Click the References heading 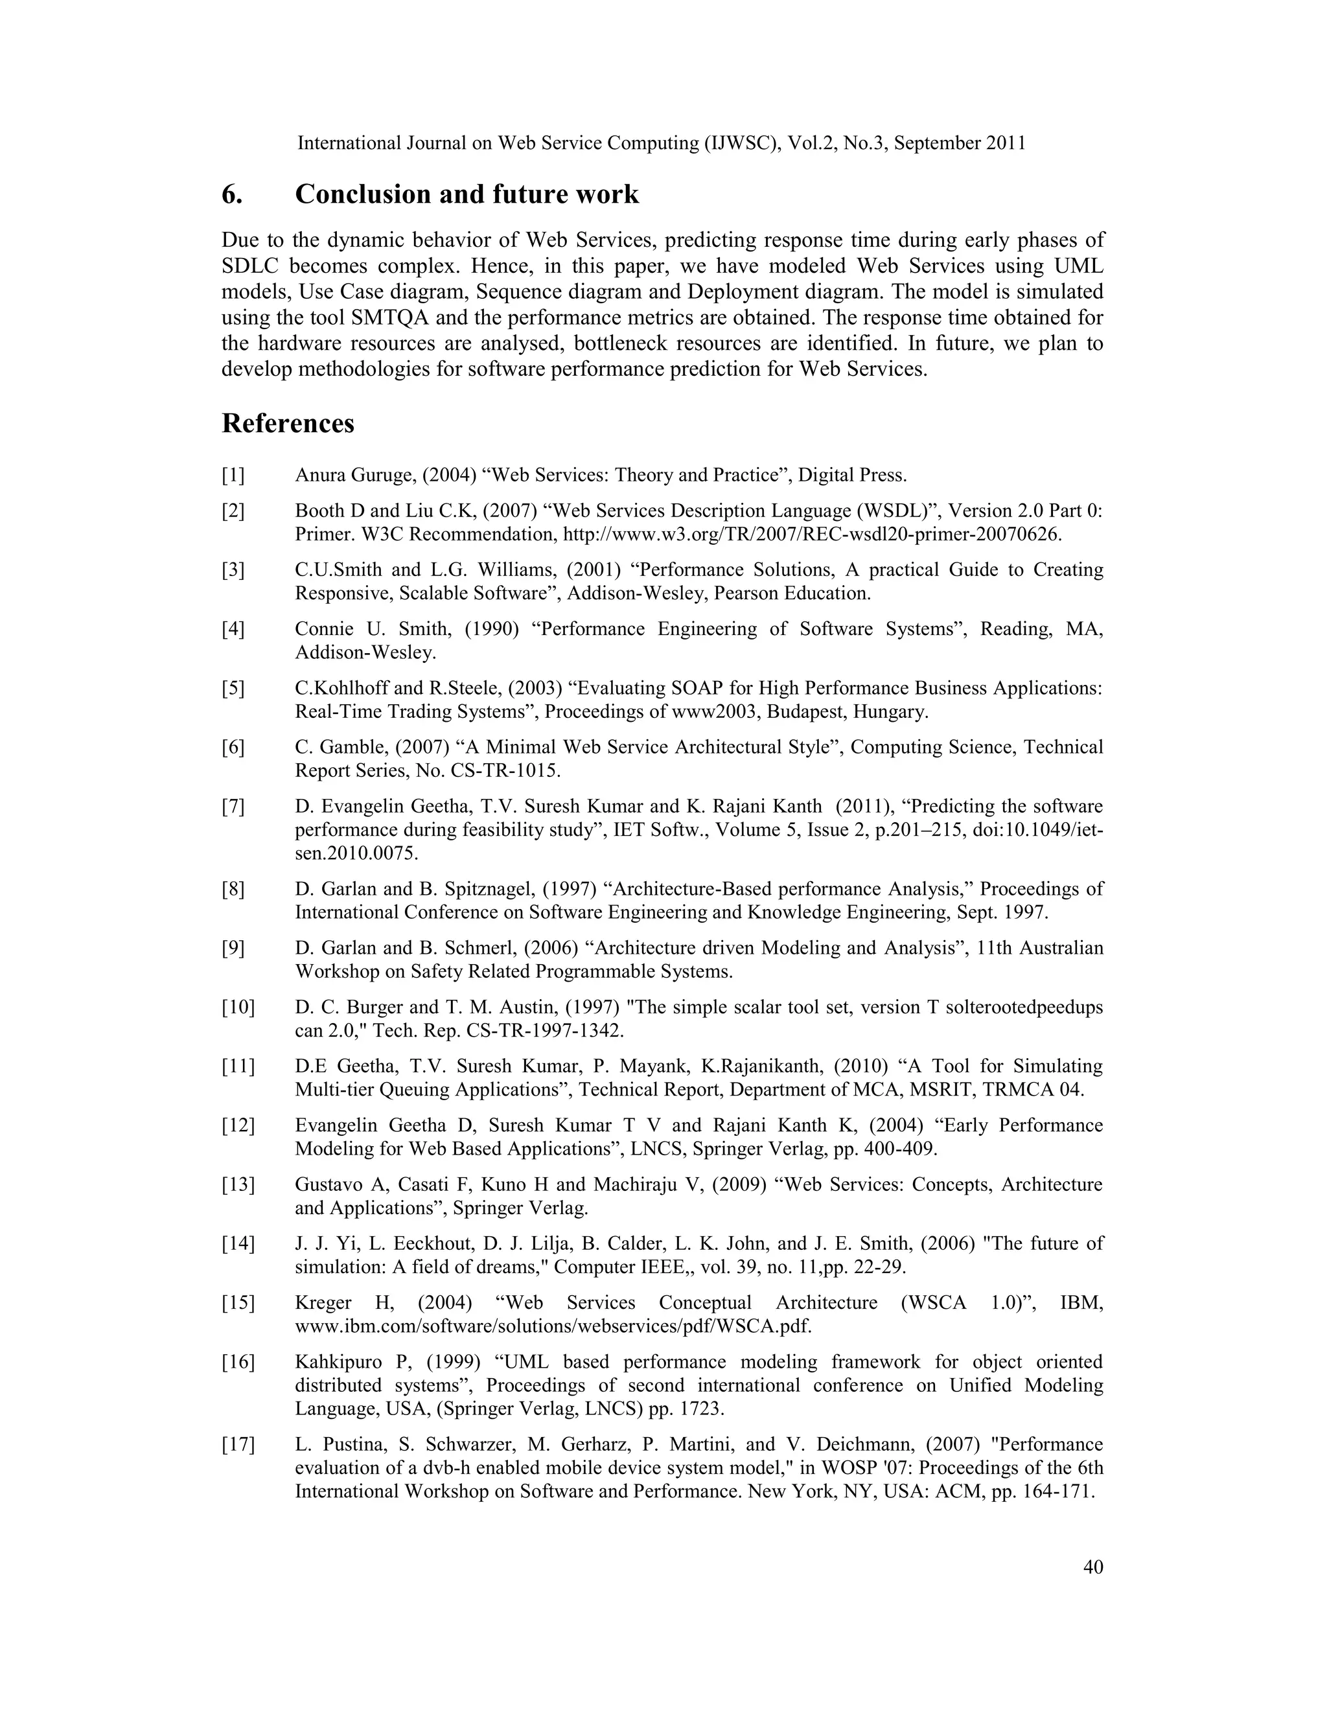288,424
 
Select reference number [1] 233,475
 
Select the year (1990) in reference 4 490,629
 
